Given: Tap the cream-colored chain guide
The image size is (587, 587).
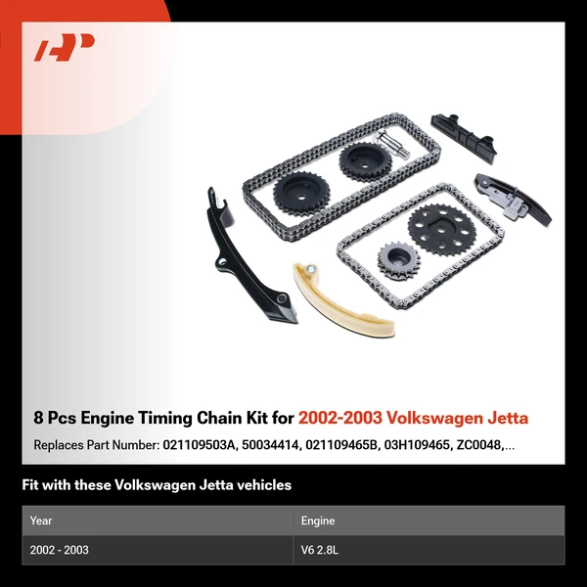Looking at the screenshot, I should click(339, 302).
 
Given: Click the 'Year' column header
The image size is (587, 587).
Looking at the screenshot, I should click(41, 520).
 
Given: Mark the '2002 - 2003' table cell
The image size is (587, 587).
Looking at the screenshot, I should click(59, 550).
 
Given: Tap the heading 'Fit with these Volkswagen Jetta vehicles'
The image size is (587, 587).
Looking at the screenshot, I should click(157, 485).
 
